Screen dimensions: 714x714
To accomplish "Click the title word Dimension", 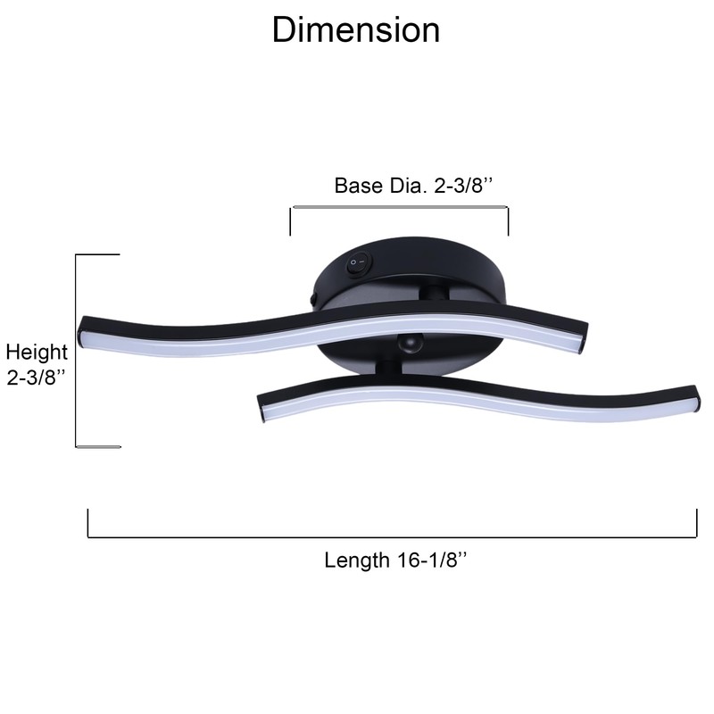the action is coord(356,30).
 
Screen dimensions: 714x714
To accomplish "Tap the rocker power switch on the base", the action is coord(360,263).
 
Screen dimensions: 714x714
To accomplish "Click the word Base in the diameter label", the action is coord(359,186).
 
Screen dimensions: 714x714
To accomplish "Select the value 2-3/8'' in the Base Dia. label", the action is coord(463,186).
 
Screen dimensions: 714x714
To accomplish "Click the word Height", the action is coord(37,353).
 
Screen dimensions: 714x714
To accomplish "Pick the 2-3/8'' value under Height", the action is coord(36,378).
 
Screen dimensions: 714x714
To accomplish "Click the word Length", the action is coord(357,560).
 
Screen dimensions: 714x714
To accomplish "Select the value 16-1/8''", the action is coord(432,560).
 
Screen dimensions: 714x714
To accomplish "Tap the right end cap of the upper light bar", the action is coord(582,338).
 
